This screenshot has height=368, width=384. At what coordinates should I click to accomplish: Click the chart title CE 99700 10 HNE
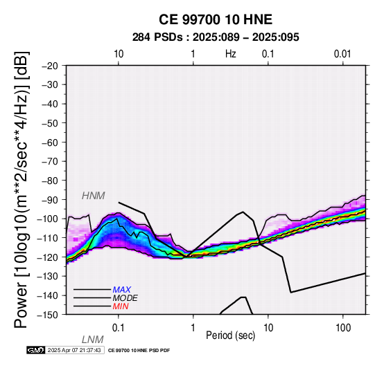point(216,19)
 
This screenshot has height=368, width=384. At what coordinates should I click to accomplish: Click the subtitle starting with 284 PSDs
point(216,37)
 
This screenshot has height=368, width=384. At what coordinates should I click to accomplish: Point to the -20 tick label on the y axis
point(50,66)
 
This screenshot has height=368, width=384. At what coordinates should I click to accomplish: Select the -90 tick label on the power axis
point(50,200)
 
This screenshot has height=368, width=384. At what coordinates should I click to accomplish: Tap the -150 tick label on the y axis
point(48,315)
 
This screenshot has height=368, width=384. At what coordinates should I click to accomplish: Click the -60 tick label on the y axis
point(50,142)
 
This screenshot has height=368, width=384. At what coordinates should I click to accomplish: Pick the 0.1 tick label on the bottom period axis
point(119,328)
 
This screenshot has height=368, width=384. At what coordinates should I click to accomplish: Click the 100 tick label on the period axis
point(343,328)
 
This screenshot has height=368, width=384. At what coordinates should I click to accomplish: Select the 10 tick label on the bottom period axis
point(268,328)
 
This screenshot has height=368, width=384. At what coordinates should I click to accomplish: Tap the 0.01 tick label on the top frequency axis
point(342,54)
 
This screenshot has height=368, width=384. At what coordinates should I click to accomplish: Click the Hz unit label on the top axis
point(230,54)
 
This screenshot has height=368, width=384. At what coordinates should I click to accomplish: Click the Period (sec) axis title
point(230,335)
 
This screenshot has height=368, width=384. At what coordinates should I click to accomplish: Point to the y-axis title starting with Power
point(21,190)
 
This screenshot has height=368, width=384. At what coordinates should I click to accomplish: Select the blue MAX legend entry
point(121,290)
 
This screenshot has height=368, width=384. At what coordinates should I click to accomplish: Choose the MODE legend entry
point(125,298)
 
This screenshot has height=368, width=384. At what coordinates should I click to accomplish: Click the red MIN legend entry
point(121,306)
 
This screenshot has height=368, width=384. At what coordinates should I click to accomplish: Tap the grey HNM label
point(94,196)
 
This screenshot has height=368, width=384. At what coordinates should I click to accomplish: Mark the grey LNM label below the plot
point(93,340)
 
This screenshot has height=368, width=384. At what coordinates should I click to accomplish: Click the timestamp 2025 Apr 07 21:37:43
point(74,350)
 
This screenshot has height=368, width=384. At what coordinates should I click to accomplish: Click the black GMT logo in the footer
point(36,350)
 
